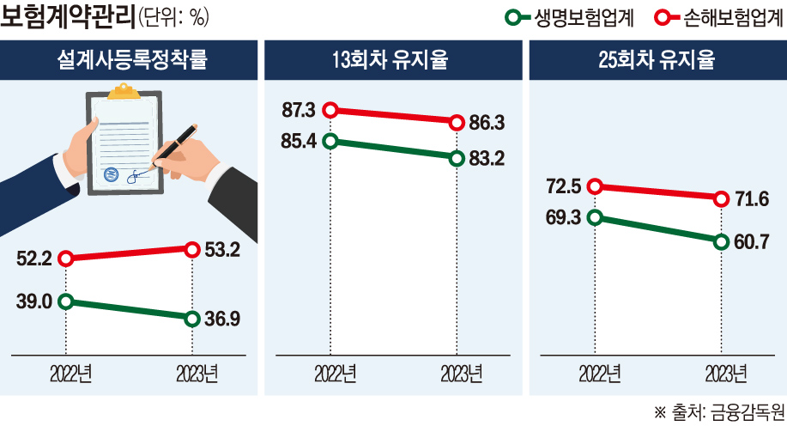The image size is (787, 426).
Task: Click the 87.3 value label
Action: point(300,110)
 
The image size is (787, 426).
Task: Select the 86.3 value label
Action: point(487,123)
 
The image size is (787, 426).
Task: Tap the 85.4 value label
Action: point(300,139)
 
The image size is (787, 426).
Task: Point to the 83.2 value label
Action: point(487,157)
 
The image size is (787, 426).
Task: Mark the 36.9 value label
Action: point(221,319)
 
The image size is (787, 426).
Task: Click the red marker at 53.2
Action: point(192,249)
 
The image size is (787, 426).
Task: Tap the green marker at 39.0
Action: point(66,301)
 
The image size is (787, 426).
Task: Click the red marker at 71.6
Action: point(720,198)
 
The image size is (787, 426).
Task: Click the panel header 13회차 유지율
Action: point(392,60)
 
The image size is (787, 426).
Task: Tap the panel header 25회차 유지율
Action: point(657,60)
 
